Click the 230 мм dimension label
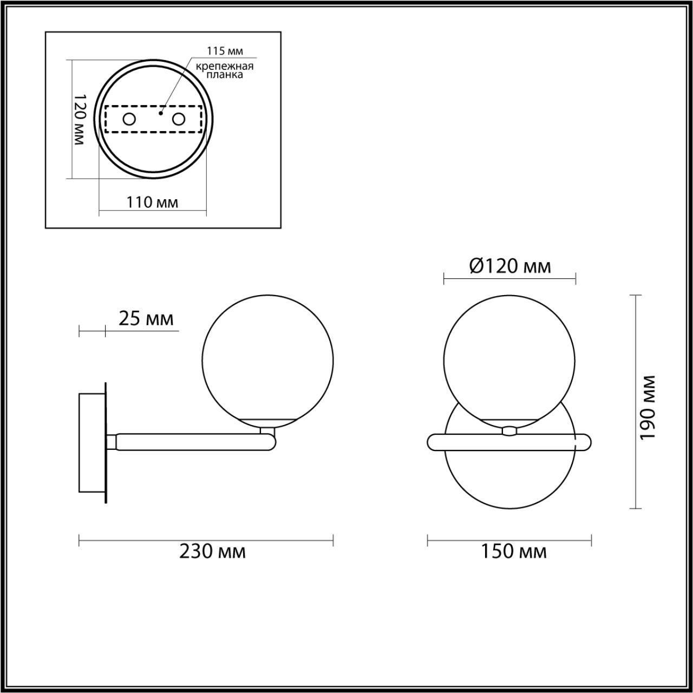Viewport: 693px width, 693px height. click(x=212, y=552)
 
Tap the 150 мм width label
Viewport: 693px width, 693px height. click(x=513, y=552)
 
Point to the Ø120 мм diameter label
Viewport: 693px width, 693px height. click(x=510, y=266)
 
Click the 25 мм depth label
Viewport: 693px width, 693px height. click(x=146, y=319)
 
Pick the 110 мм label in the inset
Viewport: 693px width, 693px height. click(x=152, y=202)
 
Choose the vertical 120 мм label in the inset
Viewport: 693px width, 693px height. click(x=79, y=119)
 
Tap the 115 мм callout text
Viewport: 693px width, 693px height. click(x=225, y=51)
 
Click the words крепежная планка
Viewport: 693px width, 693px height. click(x=225, y=71)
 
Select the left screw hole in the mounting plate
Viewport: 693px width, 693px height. click(x=129, y=119)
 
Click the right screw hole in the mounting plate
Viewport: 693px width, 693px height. click(x=179, y=119)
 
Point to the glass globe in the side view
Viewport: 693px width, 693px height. click(x=267, y=361)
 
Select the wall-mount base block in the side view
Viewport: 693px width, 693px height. click(x=91, y=443)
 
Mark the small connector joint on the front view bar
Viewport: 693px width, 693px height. click(x=509, y=431)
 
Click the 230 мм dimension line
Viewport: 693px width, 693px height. click(x=206, y=540)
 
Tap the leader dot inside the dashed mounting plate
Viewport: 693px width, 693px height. click(x=161, y=114)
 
